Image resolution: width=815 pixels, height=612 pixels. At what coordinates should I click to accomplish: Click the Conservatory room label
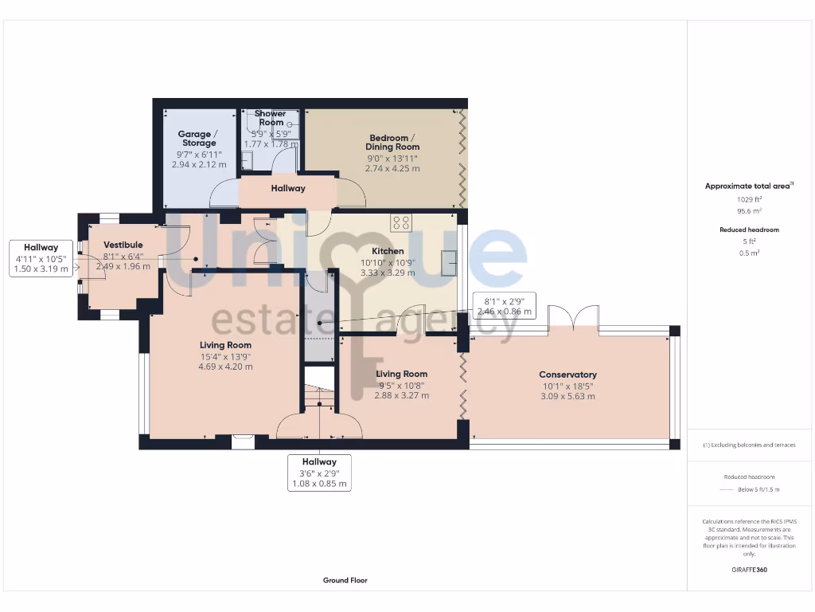(x=567, y=375)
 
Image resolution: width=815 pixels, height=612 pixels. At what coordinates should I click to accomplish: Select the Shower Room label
(x=271, y=118)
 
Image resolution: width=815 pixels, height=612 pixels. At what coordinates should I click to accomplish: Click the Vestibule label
(x=123, y=245)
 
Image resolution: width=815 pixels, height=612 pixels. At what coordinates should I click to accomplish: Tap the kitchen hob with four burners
(x=400, y=223)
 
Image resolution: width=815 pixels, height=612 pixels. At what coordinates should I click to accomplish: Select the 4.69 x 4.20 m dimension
(x=225, y=367)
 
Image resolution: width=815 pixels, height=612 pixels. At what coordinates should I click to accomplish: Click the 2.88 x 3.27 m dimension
(x=401, y=395)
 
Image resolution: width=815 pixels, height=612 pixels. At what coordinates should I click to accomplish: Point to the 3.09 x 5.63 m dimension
(x=567, y=396)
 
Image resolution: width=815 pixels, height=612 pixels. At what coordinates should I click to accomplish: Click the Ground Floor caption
(x=345, y=580)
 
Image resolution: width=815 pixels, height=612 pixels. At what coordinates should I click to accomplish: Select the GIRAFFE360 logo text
(x=749, y=570)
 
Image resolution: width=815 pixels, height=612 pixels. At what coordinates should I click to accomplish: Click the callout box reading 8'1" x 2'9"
(x=502, y=306)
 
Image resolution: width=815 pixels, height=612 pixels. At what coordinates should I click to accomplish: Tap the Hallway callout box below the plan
(x=318, y=473)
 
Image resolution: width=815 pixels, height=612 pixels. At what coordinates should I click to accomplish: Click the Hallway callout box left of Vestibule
(x=41, y=259)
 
